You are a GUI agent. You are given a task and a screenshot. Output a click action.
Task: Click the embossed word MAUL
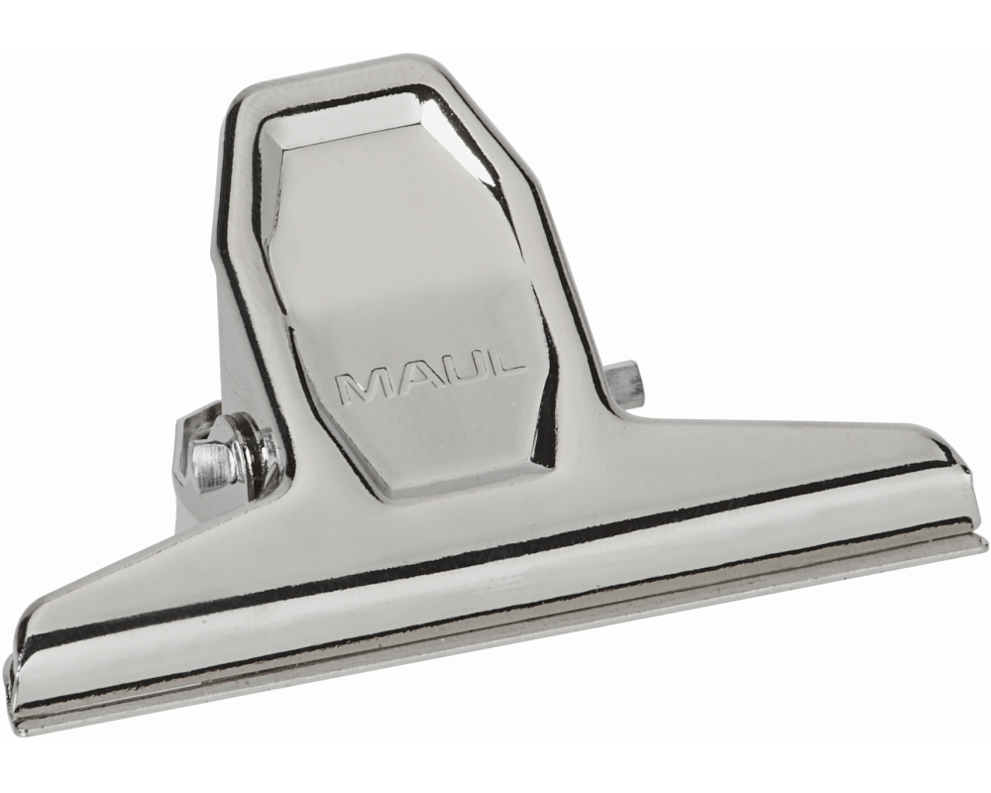click(429, 383)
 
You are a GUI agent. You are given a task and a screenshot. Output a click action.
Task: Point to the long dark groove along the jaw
click(495, 555)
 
